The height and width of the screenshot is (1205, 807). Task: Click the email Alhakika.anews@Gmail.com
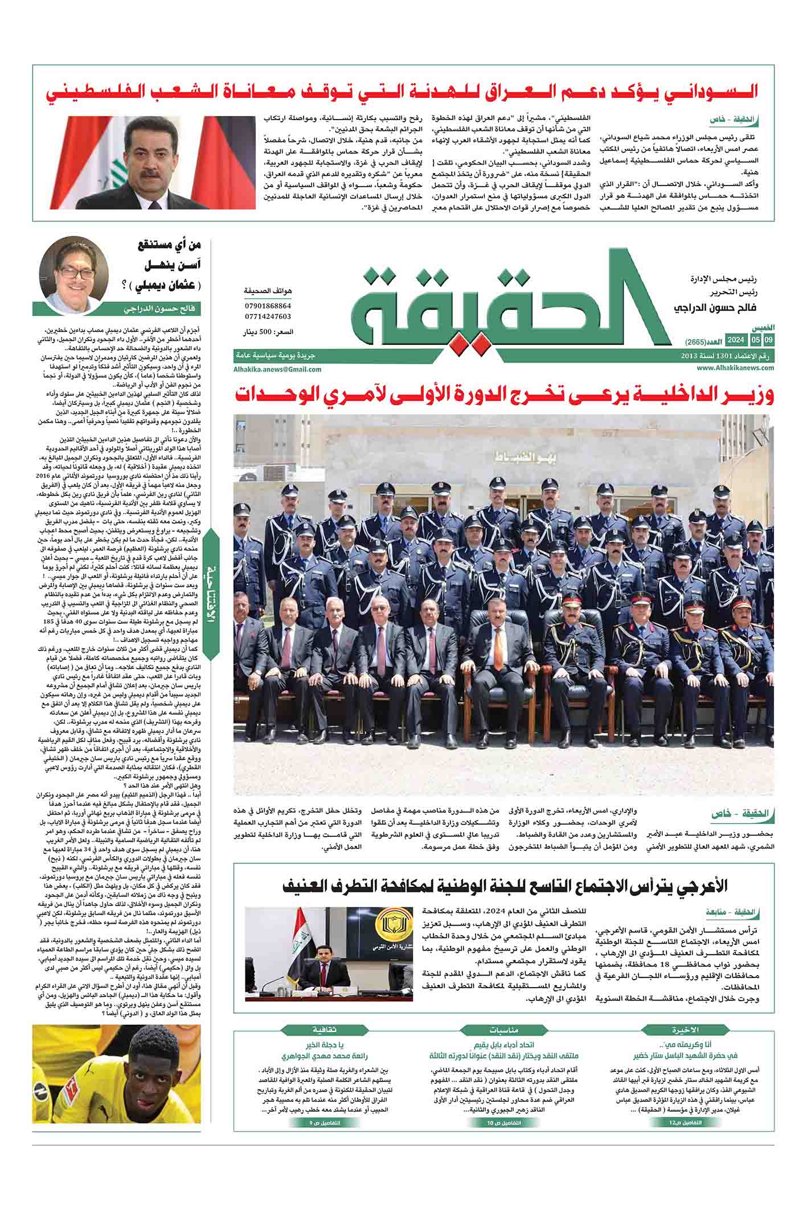click(277, 369)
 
